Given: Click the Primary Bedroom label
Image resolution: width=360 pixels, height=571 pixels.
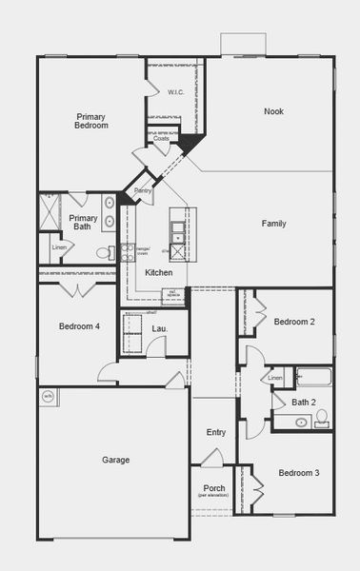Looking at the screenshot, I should [91, 121].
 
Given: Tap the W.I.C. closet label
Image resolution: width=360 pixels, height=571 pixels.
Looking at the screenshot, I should [175, 92].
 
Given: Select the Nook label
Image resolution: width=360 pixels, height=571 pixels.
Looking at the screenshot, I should [273, 111].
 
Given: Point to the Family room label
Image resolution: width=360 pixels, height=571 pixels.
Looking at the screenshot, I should [274, 224].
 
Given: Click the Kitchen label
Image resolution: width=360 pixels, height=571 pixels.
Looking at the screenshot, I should [158, 272].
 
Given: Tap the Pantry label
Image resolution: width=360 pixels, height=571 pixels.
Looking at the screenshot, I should [143, 191].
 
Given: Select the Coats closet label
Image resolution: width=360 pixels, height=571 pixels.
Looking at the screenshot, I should [162, 138].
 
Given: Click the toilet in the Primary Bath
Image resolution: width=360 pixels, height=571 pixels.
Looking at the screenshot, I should [104, 253].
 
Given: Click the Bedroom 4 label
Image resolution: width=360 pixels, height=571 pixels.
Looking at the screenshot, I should [79, 326].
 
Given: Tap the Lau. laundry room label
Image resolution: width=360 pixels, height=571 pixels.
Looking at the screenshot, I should [159, 328].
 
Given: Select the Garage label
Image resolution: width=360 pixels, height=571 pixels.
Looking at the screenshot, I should [115, 460].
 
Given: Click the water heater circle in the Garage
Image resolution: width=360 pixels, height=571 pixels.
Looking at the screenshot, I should [48, 396].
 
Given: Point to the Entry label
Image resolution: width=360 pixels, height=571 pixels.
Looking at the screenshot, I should [216, 432].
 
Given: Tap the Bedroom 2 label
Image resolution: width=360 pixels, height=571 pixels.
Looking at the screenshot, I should [294, 322].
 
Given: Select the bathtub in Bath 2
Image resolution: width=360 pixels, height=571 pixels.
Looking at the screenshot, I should [312, 378].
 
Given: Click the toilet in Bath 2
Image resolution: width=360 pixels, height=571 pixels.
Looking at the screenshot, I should [322, 416].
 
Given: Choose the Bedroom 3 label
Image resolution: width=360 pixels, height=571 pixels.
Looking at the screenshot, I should [298, 473].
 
